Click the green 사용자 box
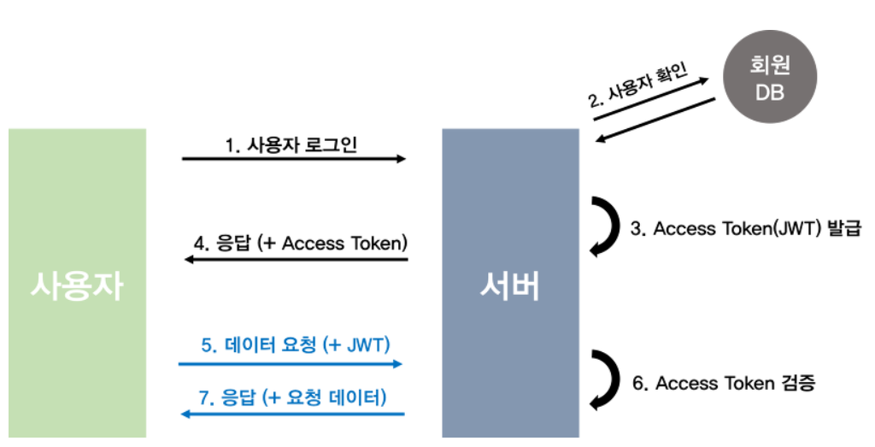77,286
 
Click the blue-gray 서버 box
510,286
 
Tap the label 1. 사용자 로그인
291,144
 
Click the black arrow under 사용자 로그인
294,159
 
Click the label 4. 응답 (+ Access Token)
297,243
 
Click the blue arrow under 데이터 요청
291,363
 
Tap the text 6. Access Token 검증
723,383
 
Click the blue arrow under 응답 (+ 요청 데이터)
291,414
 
